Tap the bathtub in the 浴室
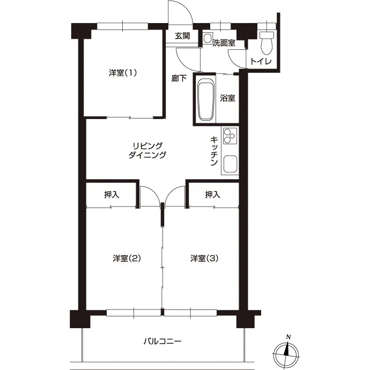(206, 100)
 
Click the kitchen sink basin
(230, 164)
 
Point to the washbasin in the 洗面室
(208, 38)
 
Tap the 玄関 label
(182, 36)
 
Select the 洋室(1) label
(123, 73)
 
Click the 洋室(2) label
(127, 258)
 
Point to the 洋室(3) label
(204, 258)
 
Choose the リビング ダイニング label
(147, 150)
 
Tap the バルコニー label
(162, 342)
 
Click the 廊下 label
(179, 78)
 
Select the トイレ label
(261, 62)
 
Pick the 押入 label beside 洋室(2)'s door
(112, 195)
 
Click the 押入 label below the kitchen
(212, 195)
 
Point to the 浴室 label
(227, 98)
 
